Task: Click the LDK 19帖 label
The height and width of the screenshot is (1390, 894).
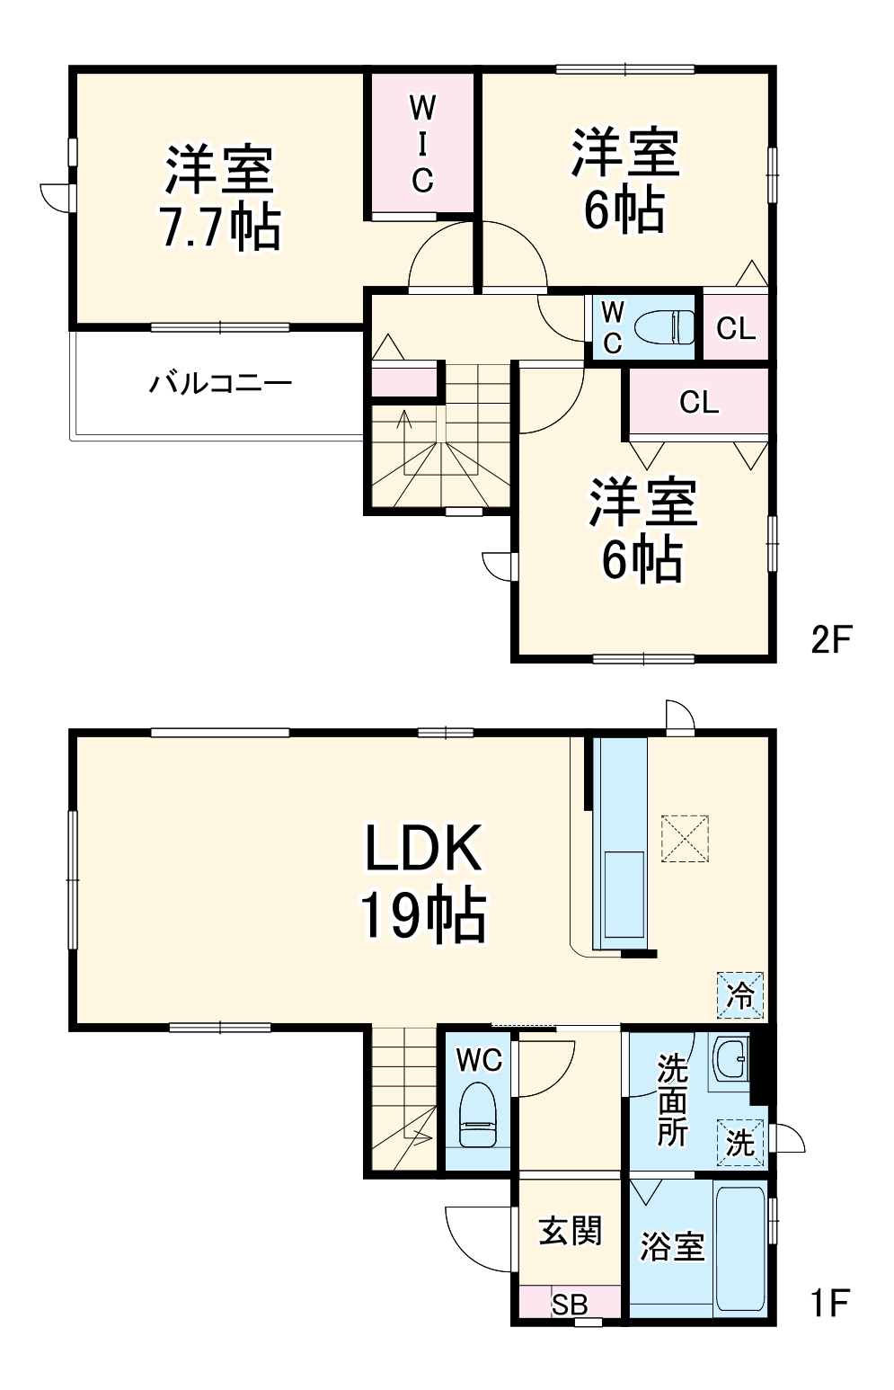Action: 424,884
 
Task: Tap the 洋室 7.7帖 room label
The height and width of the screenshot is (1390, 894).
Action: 219,197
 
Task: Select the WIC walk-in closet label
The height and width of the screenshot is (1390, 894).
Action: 422,145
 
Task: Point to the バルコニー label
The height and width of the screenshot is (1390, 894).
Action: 220,384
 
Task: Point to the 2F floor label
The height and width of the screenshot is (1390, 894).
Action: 828,639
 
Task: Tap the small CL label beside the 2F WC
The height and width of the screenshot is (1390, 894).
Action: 736,327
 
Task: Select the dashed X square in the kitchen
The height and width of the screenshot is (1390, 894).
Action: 685,838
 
